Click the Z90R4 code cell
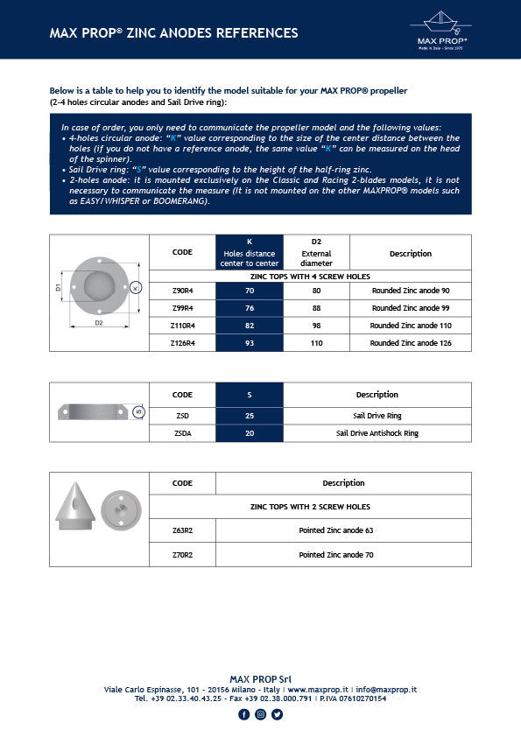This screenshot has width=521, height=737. coord(182,291)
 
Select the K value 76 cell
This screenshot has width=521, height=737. coord(249,308)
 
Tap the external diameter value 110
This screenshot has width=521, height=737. coord(316,343)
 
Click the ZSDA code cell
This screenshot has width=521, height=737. coord(182,432)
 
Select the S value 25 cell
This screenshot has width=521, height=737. coord(249,415)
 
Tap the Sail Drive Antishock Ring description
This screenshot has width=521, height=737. coord(377,432)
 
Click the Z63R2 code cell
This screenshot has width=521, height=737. coord(182,530)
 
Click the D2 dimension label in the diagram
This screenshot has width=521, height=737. coord(99,323)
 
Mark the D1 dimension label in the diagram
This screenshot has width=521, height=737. coord(59,286)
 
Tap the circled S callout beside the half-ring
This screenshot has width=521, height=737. coord(137,411)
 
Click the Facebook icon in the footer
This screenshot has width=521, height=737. coord(243,714)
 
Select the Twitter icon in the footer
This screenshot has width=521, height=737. coord(277,714)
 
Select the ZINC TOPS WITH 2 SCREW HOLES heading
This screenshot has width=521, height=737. coord(310,507)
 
